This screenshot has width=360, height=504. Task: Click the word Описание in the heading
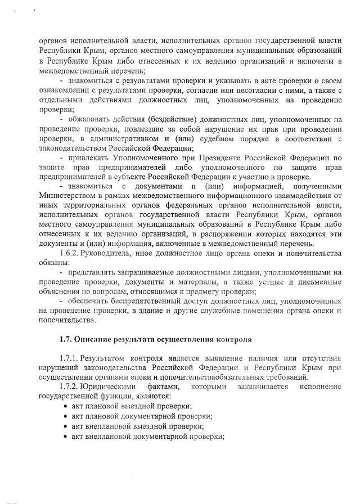click(95, 339)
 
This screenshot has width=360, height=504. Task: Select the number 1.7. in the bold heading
click(67, 339)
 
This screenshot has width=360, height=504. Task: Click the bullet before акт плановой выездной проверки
click(66, 406)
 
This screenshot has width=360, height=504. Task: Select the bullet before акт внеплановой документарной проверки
click(66, 436)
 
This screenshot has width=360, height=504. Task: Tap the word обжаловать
click(89, 120)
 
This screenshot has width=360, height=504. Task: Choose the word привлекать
click(89, 158)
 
